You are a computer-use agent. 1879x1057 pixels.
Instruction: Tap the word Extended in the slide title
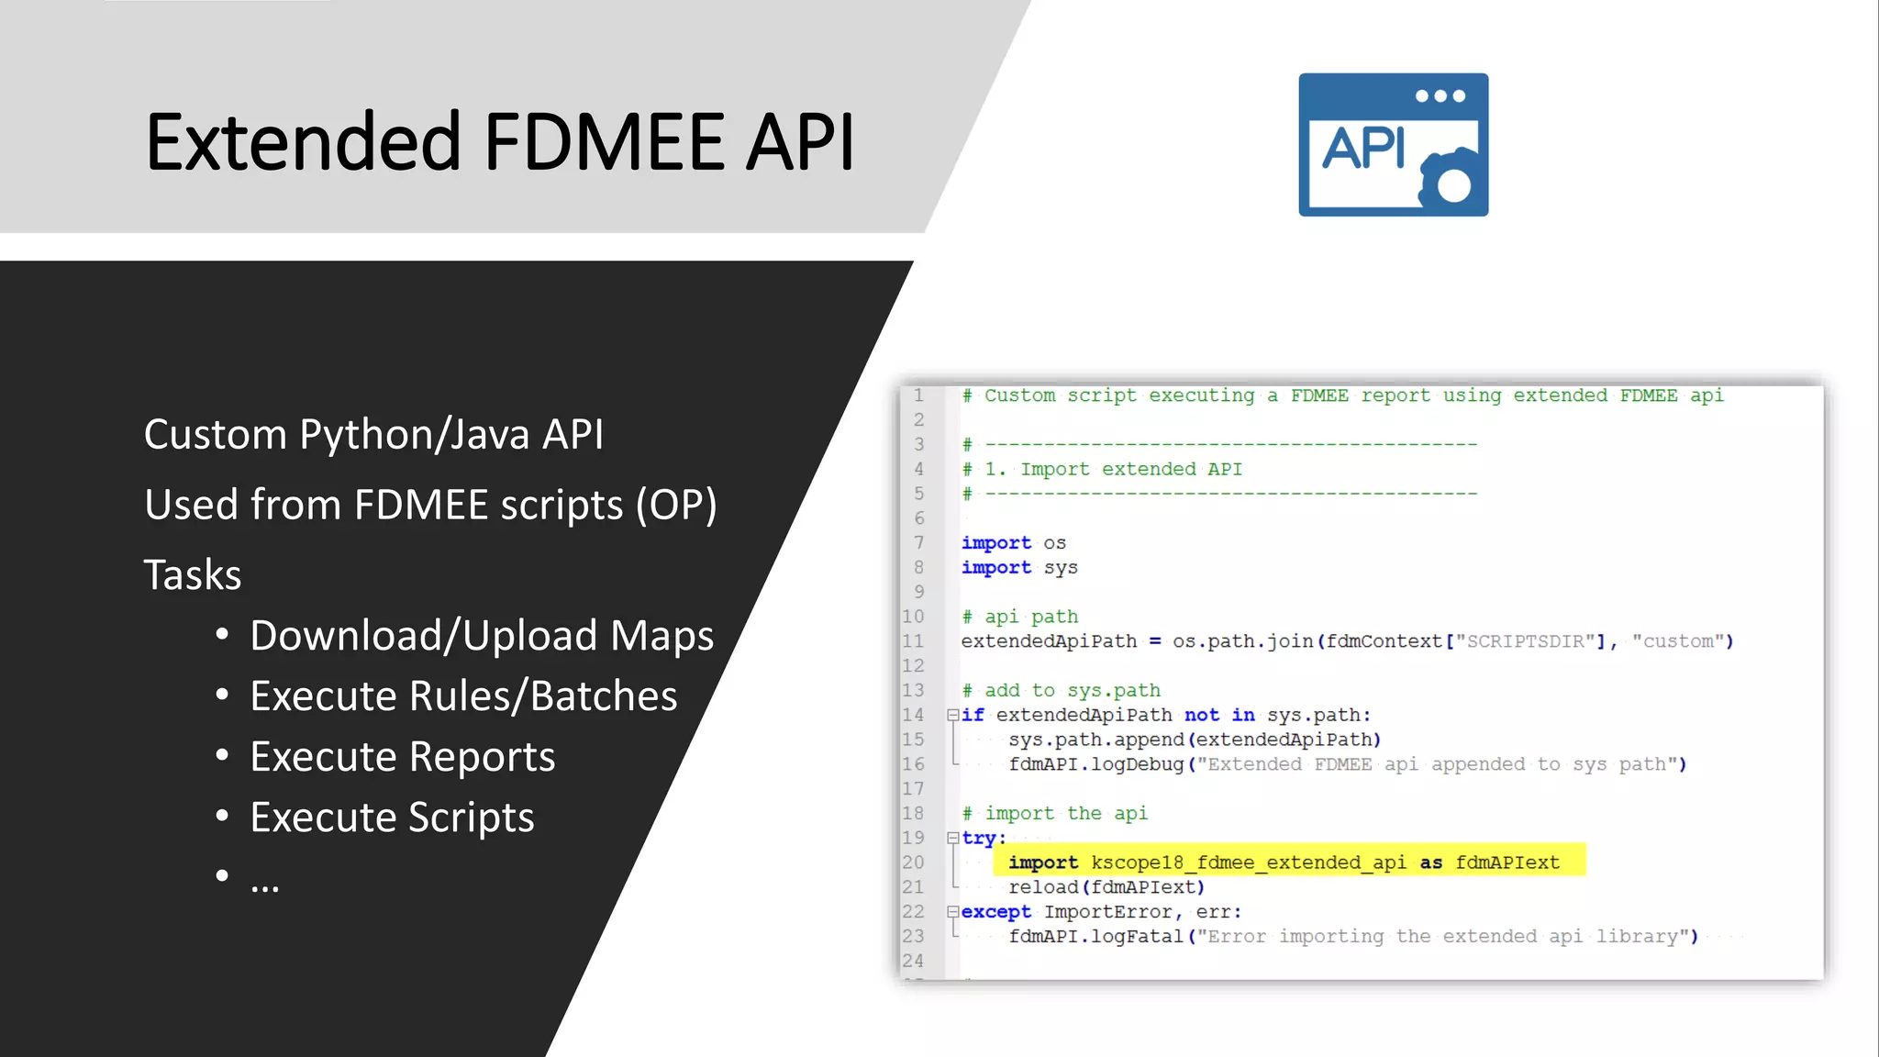pos(303,142)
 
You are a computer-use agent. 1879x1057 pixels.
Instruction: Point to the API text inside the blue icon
pos(1363,148)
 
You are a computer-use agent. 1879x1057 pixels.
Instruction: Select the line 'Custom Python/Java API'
pos(373,434)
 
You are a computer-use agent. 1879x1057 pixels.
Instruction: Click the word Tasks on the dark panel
pos(193,575)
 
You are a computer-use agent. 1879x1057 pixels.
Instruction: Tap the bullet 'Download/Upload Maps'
pos(482,636)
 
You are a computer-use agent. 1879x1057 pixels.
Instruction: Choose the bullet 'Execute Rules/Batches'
pos(463,696)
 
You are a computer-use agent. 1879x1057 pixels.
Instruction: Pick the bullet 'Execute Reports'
pos(402,757)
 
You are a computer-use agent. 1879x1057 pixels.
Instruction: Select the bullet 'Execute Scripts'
pos(392,818)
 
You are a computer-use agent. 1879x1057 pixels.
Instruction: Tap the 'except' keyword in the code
pos(995,912)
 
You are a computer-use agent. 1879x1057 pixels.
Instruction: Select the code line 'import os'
pos(1013,543)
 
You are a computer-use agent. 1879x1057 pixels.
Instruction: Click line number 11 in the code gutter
pos(913,641)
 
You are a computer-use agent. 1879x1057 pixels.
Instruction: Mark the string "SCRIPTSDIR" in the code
pos(1525,641)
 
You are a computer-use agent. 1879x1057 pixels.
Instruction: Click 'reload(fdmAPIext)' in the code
pos(1106,887)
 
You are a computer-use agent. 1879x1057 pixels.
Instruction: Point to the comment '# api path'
pos(1019,617)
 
